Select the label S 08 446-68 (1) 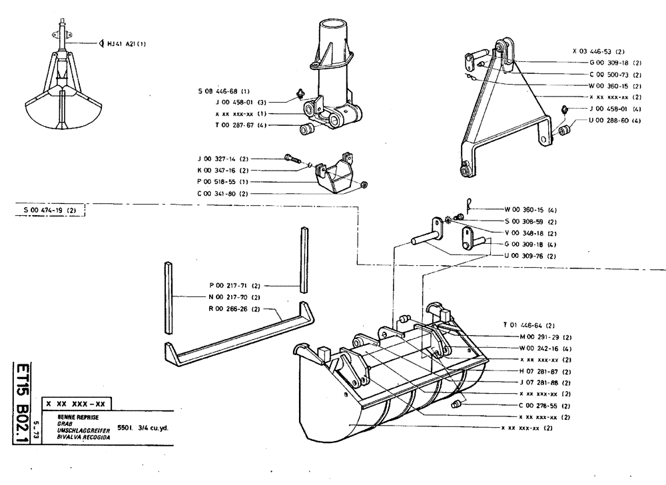click(223, 91)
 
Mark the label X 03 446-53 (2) click(598, 51)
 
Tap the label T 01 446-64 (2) click(529, 325)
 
